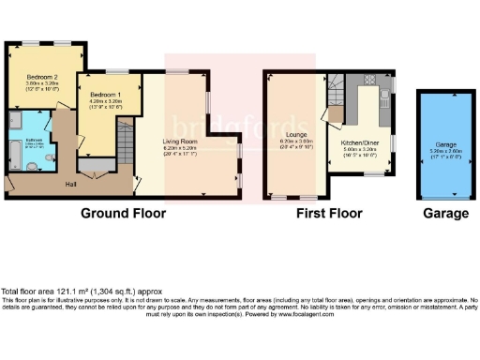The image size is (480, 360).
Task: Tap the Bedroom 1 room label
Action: click(106, 96)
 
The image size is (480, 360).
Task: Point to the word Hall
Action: click(70, 184)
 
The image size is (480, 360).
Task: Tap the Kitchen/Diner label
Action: click(361, 142)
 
